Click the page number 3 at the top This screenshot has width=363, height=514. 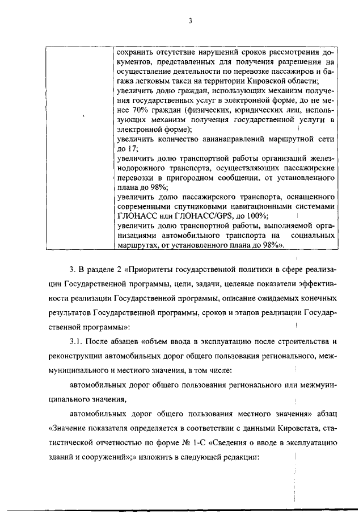click(x=191, y=22)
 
